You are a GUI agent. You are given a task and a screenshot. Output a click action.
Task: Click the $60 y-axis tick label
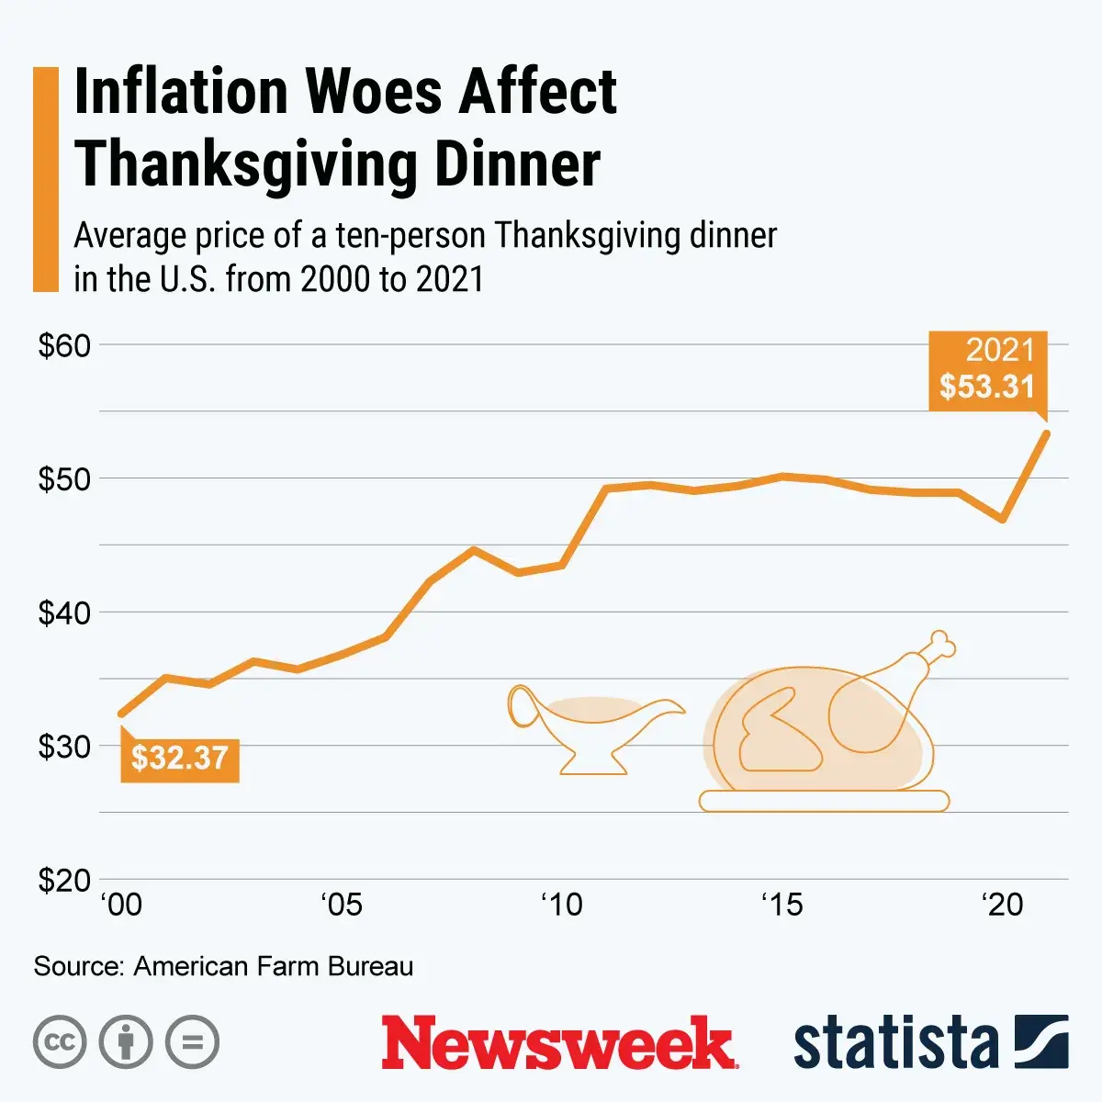click(x=64, y=346)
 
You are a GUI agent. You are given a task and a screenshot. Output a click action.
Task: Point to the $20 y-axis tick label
click(x=64, y=881)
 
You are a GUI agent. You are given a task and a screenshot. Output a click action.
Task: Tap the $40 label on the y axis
click(x=64, y=613)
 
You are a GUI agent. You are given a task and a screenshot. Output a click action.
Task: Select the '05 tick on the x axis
click(x=342, y=905)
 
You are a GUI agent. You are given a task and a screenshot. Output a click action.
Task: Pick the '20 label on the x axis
click(x=1002, y=905)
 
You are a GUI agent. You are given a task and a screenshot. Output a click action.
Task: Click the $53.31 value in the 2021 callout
click(x=987, y=387)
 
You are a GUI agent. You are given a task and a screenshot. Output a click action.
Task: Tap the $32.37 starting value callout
click(x=180, y=759)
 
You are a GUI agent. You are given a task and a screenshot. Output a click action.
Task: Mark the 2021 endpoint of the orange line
click(x=1046, y=433)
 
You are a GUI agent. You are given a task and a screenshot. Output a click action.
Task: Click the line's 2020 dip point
click(x=1003, y=520)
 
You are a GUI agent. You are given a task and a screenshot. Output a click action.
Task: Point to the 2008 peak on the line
click(x=473, y=549)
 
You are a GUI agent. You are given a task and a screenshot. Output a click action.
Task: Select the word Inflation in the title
click(x=180, y=92)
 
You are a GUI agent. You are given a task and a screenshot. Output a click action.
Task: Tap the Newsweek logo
click(x=558, y=1042)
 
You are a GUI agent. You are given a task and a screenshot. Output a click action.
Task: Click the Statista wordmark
click(x=895, y=1043)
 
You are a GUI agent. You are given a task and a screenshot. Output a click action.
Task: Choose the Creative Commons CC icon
click(x=60, y=1042)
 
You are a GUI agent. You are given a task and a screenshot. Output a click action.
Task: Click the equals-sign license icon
click(x=192, y=1042)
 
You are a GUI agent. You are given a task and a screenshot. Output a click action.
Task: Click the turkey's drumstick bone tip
click(x=941, y=643)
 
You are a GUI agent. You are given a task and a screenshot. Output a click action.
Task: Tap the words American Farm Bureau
click(x=274, y=966)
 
